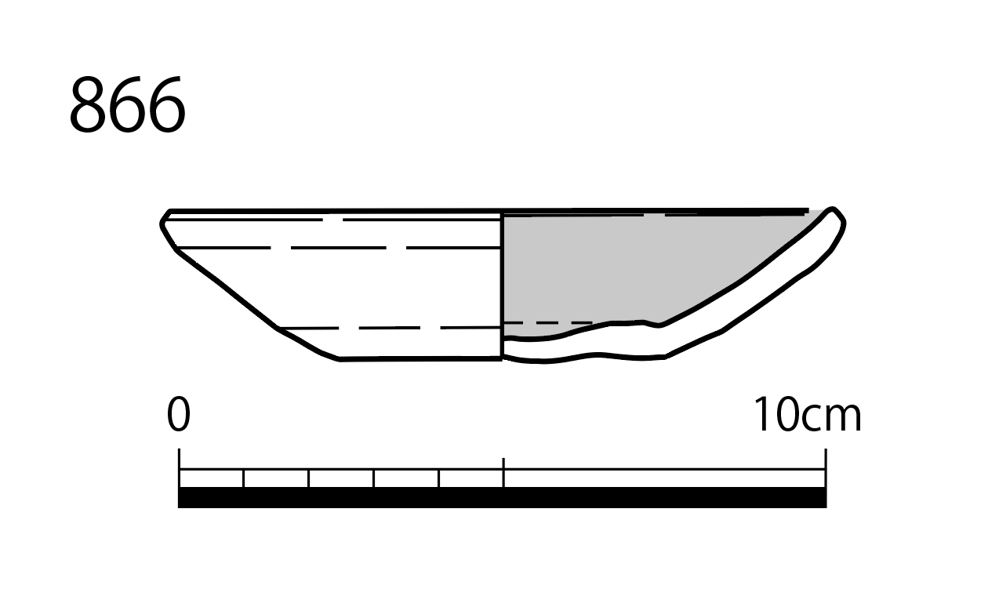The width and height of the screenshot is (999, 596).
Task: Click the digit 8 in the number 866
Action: coord(88,105)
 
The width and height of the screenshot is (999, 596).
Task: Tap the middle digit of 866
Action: coord(128,105)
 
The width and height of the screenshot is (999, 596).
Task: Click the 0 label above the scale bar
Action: coord(179,415)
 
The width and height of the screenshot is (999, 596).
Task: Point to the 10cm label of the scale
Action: coord(807,415)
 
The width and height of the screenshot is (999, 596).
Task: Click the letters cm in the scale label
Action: coord(832,420)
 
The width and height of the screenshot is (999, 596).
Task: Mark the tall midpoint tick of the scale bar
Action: coord(503,472)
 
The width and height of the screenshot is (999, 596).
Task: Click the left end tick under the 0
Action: coord(180,468)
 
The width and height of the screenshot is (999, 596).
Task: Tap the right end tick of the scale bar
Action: coord(826,468)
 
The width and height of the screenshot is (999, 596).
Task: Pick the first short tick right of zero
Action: coord(244,478)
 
